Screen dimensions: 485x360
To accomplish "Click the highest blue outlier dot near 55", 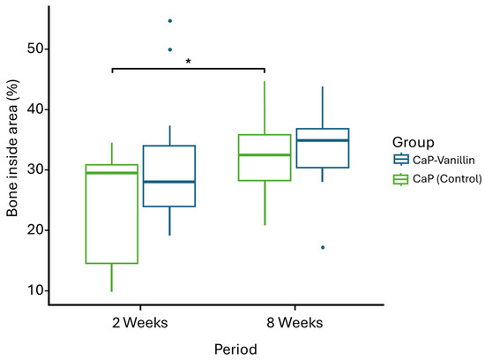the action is pos(170,21).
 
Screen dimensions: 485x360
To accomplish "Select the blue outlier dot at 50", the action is pos(170,49).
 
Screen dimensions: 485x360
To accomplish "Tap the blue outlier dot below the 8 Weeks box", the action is pos(323,247).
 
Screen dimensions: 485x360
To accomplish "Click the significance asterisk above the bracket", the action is pos(188,61).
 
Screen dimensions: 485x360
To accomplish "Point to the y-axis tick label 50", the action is pos(36,49).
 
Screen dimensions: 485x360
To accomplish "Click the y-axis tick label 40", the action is pos(36,109).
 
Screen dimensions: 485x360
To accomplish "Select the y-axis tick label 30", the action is pos(36,169).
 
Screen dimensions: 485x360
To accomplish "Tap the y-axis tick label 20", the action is pos(36,230).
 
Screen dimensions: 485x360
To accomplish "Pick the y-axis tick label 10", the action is pos(36,290).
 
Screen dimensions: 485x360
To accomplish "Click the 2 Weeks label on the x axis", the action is pos(140,323).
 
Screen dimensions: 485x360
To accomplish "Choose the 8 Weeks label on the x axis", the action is pos(295,323).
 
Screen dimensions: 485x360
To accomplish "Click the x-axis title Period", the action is pos(235,349).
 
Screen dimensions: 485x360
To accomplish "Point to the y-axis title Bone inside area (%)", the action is pos(12,148).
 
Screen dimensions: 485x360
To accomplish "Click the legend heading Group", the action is pos(414,142).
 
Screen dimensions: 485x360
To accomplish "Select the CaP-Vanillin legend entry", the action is pos(434,160).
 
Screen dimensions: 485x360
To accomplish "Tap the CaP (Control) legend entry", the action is pos(437,179).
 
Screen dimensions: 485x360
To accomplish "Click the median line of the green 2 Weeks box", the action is pos(112,173).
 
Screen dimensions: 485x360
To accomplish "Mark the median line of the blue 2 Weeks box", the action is pos(169,182).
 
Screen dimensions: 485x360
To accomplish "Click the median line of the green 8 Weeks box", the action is pos(265,154).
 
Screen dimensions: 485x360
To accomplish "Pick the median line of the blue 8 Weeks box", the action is pos(323,140).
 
